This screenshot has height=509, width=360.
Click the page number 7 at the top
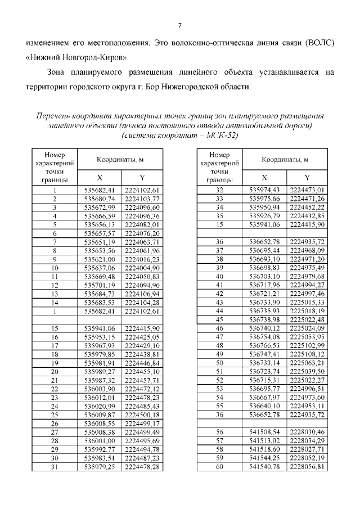coord(180,25)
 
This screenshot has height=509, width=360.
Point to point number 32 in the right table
coord(220,190)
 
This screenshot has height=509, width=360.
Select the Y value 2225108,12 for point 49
coord(307,354)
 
